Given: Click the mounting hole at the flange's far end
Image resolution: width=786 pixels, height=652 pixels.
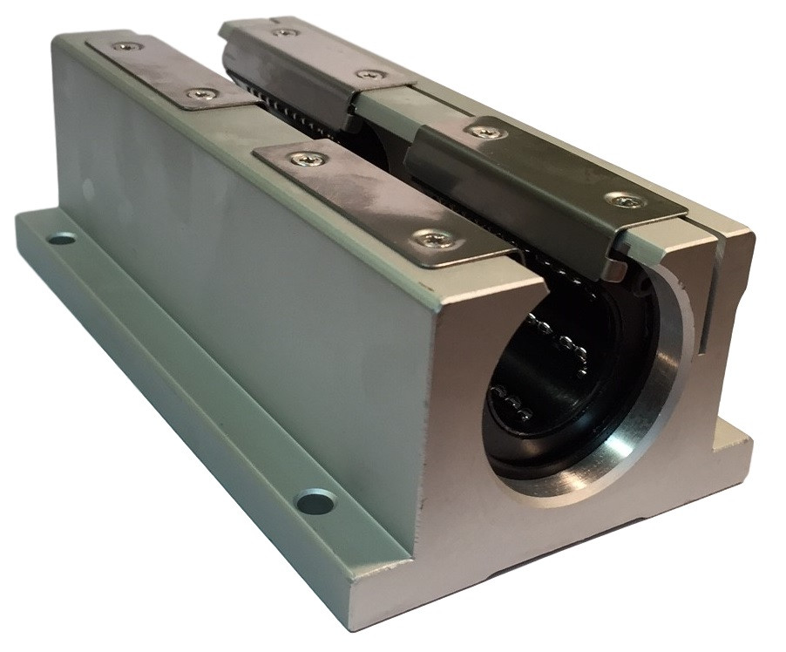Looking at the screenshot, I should coord(61,238).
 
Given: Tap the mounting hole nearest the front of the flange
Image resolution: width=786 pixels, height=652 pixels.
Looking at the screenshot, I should coord(315,502).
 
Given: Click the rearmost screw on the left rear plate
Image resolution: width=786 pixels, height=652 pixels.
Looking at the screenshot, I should coord(129,45).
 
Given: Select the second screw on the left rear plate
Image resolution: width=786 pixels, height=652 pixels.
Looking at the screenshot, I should coord(202,93).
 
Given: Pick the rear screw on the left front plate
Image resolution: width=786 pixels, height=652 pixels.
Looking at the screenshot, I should coord(309,159).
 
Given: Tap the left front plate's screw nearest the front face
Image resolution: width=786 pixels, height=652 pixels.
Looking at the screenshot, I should coord(432,237).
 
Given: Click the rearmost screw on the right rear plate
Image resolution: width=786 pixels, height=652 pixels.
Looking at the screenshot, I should coord(284,32).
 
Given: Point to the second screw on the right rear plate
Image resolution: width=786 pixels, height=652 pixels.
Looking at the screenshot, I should coord(371,74).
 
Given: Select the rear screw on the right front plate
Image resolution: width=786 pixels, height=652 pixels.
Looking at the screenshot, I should coord(484,132).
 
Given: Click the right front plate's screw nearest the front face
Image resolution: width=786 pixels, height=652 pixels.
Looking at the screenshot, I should coord(627,201).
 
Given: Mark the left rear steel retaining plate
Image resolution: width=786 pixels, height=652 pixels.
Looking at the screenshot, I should coord(170,71).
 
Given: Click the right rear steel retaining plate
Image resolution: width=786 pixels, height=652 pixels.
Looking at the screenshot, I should coord(318,57).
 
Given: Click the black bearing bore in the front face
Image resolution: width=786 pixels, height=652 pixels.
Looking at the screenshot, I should coord(558,384).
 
